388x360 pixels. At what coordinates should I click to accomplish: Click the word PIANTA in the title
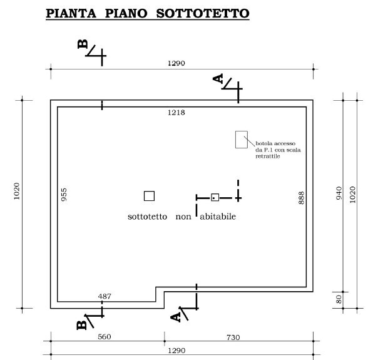(x=71, y=13)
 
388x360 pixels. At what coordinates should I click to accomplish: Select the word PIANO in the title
(x=126, y=13)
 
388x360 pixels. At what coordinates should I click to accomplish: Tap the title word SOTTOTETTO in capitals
(x=203, y=13)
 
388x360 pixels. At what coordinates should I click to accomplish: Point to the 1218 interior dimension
(x=176, y=113)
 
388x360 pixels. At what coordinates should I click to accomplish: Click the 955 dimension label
(x=64, y=195)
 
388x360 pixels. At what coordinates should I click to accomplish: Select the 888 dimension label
(x=301, y=198)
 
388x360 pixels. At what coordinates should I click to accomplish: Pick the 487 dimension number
(x=105, y=296)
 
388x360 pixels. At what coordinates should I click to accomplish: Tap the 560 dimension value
(x=105, y=337)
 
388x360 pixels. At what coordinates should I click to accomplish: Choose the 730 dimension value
(x=233, y=337)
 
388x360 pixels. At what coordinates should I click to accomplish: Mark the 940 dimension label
(x=339, y=193)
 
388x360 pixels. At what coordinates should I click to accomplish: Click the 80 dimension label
(x=339, y=299)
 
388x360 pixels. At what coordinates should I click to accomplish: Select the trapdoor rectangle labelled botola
(x=242, y=140)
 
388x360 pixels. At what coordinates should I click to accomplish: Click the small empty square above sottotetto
(x=149, y=196)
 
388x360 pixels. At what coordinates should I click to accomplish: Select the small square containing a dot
(x=215, y=197)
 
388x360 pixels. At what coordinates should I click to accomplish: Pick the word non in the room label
(x=183, y=217)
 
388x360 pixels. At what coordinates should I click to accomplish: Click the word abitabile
(x=218, y=217)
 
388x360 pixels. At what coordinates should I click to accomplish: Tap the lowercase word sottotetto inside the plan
(x=147, y=217)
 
